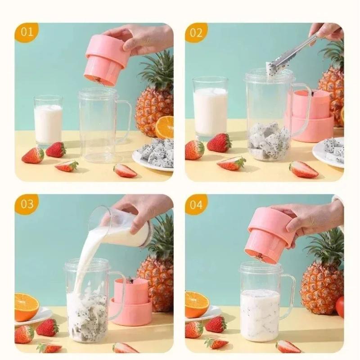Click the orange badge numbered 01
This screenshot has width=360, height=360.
[x=27, y=32]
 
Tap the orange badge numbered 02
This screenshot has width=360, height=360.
[x=196, y=32]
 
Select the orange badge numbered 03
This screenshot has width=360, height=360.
[x=27, y=204]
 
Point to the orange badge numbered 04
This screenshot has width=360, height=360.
[x=196, y=204]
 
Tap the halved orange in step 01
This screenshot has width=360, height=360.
[x=165, y=127]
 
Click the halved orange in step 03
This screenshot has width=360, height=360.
[x=27, y=307]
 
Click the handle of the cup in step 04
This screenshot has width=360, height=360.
[x=288, y=296]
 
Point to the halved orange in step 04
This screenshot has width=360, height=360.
[x=197, y=304]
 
